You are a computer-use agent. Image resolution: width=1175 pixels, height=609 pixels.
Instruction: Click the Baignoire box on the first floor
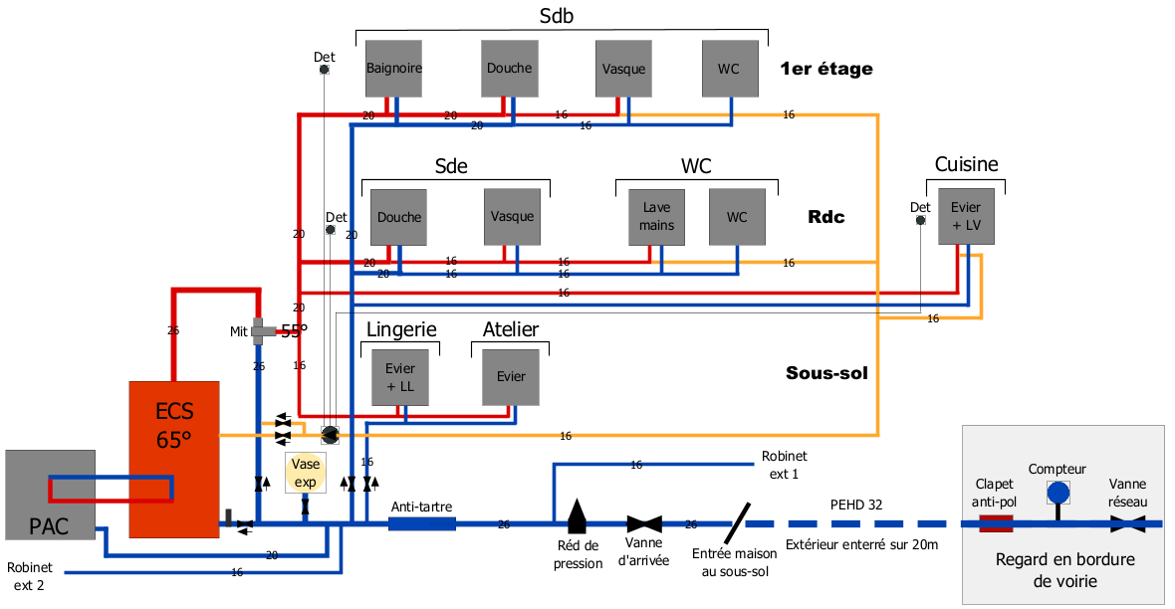394,69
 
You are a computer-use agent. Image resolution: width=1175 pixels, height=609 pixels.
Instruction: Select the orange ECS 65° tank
173,457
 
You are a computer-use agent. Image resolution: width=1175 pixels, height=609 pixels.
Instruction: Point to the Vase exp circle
305,472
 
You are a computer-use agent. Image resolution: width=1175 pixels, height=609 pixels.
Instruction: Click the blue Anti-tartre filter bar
421,522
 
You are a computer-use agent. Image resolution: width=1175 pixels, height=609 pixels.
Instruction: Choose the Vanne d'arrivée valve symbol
644,523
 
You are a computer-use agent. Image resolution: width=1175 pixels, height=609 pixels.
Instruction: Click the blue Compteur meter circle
1057,492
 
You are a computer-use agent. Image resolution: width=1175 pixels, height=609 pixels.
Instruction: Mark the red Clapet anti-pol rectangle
996,522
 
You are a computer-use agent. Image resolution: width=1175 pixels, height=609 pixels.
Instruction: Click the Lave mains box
657,217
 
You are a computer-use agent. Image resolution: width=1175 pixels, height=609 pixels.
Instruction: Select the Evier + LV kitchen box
966,216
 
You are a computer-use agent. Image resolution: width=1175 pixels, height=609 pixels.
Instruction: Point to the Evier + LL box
399,377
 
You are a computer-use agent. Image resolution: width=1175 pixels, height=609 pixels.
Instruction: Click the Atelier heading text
511,329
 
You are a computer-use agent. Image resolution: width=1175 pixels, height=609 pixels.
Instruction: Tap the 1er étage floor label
826,69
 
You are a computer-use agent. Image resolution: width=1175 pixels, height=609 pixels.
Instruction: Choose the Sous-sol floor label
826,373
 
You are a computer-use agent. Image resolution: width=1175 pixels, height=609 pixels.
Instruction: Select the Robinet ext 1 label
780,465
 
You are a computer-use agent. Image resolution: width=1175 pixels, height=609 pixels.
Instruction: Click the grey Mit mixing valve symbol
261,330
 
